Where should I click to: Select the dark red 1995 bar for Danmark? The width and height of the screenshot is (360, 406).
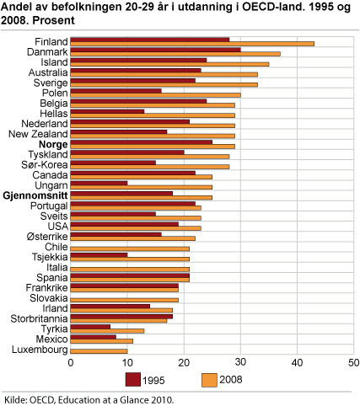tap(156, 50)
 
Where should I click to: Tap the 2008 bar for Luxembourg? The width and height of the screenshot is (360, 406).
tap(99, 350)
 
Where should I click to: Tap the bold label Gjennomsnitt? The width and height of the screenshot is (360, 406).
tap(35, 195)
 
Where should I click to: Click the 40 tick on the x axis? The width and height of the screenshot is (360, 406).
tap(297, 363)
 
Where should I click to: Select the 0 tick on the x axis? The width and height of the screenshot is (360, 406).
tap(72, 363)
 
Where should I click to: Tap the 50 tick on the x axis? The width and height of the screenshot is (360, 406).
tap(352, 363)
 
